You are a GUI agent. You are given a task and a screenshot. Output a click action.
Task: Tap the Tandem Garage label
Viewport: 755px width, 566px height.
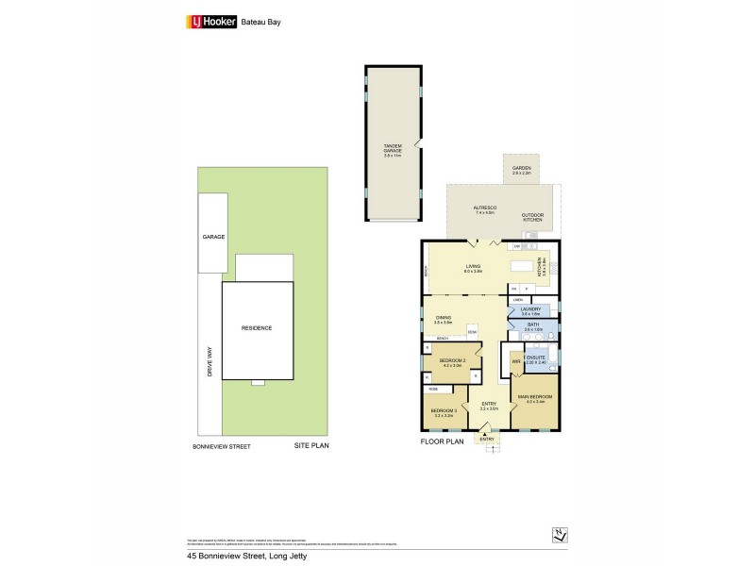(381, 148)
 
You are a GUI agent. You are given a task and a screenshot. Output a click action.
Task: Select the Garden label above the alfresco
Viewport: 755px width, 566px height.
(521, 171)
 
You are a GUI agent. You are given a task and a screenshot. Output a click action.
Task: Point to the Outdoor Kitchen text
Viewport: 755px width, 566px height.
(532, 218)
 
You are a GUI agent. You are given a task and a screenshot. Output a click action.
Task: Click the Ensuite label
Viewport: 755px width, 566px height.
(535, 360)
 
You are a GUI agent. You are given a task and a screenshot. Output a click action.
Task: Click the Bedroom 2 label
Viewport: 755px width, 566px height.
(451, 361)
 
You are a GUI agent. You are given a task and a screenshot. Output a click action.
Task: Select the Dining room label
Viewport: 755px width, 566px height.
(443, 320)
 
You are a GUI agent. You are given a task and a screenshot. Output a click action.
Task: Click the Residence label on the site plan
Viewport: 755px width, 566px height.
(256, 328)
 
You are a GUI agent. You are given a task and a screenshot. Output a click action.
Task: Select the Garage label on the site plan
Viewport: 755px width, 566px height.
(212, 237)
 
